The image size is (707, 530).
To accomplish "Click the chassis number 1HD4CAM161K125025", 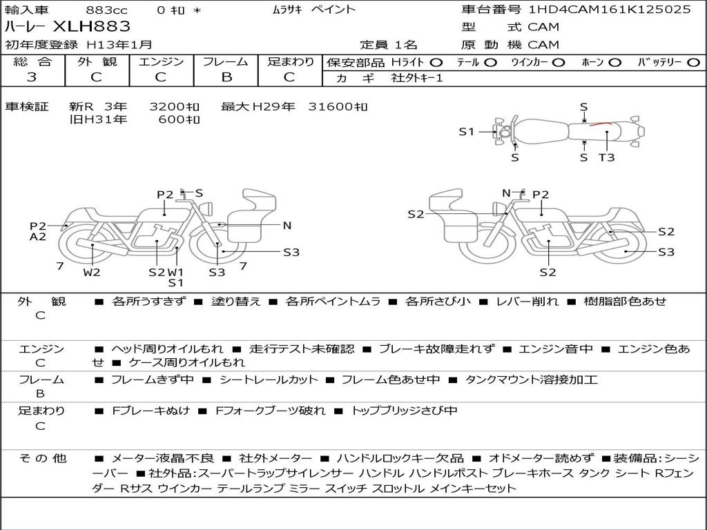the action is (x=610, y=10).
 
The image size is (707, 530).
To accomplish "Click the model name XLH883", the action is (x=92, y=27).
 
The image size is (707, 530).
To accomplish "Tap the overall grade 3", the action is (x=32, y=77).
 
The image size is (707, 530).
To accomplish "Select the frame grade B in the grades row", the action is (x=226, y=77).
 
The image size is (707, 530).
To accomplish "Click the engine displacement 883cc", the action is (x=106, y=10).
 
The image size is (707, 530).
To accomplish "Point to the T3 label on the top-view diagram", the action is (x=606, y=157).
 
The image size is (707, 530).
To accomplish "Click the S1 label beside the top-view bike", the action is (x=467, y=132).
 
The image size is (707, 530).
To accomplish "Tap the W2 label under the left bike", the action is (x=92, y=272).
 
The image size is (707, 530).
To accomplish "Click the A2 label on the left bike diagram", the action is (x=38, y=237).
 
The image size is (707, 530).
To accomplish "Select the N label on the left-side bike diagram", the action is (x=287, y=226).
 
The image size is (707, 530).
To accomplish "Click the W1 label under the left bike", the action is (x=175, y=272).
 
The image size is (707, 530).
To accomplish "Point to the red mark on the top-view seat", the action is (x=601, y=124).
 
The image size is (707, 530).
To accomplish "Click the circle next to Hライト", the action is (x=436, y=63).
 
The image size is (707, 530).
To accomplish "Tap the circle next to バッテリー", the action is (x=693, y=63).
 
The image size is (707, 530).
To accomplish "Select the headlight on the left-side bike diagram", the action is (x=208, y=209).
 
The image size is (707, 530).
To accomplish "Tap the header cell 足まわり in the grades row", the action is (x=291, y=61).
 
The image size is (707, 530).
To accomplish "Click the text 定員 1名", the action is (x=389, y=45).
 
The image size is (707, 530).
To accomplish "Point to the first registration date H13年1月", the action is (x=119, y=45).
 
